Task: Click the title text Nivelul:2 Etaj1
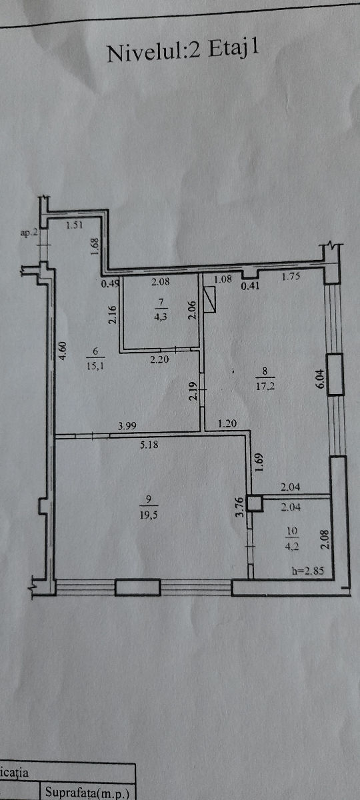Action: point(183,51)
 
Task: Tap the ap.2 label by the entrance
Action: point(29,233)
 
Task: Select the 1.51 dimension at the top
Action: point(75,225)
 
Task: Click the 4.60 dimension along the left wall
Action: point(63,351)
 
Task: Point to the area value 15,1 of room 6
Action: point(95,366)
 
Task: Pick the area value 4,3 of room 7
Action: point(161,317)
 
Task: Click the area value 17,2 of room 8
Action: point(265,386)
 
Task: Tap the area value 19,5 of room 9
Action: point(149,515)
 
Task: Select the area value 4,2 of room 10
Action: point(291,547)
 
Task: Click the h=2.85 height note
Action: point(308,571)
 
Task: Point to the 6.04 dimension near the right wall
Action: point(320,379)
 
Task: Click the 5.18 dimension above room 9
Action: point(149,445)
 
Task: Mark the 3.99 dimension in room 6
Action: point(127,426)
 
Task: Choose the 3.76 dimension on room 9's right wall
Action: point(240,507)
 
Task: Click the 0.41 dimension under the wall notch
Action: point(250,286)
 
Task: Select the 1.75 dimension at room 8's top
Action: point(291,276)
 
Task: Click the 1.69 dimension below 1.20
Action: point(259,463)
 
